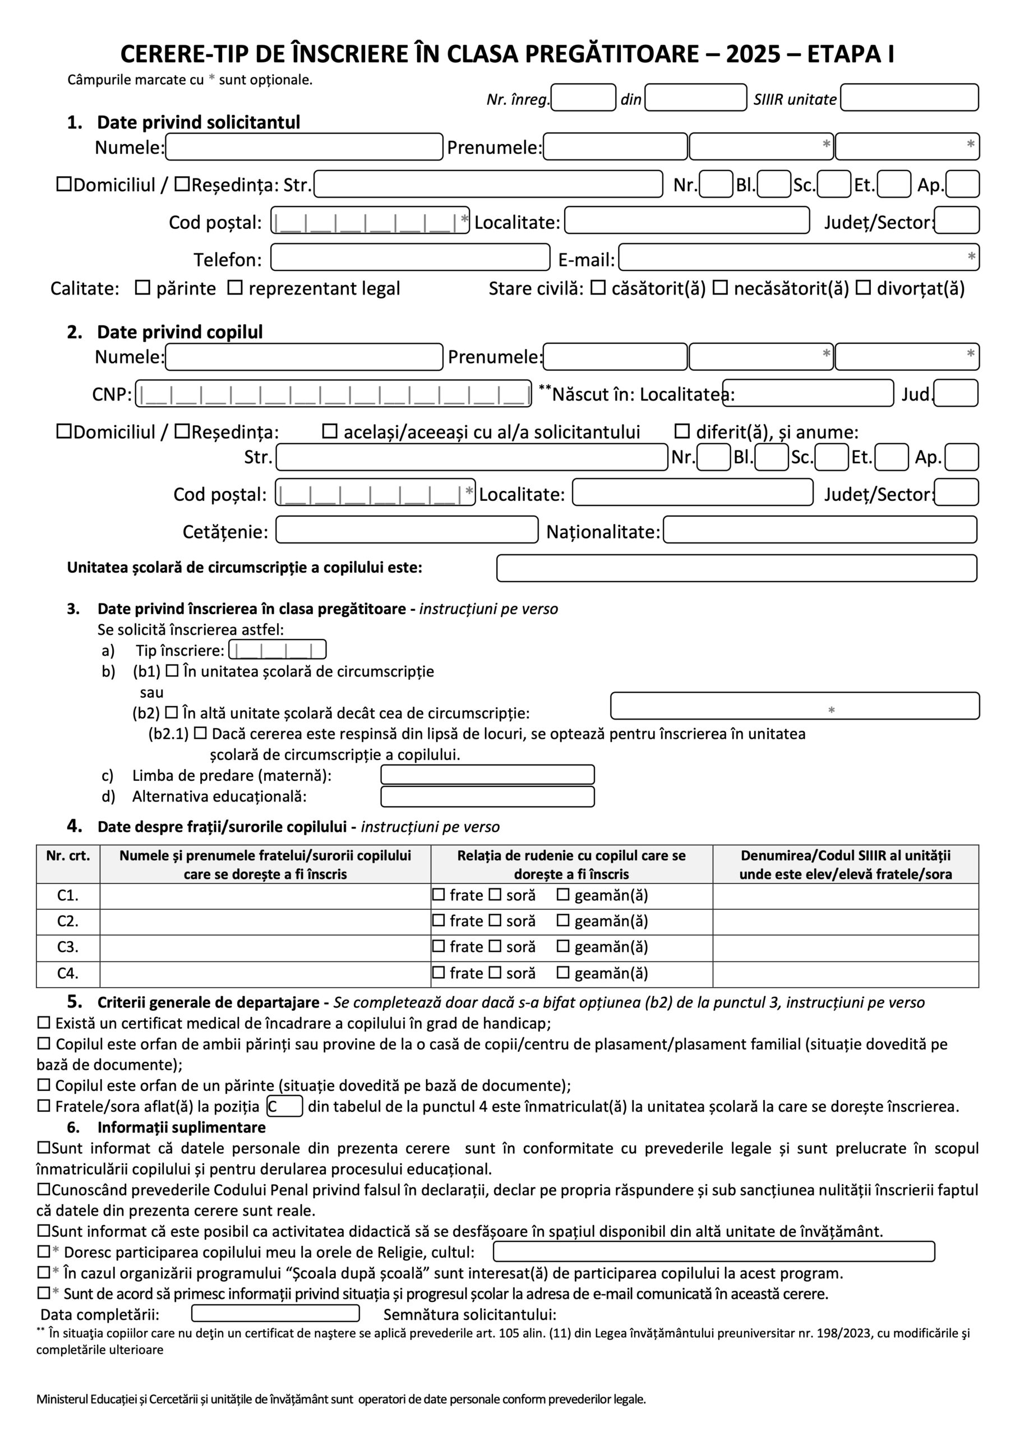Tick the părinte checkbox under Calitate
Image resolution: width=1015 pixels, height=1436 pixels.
(143, 288)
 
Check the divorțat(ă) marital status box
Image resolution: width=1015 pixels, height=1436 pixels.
(863, 288)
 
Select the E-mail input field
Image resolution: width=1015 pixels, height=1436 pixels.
(798, 257)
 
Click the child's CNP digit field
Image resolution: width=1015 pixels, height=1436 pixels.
(333, 394)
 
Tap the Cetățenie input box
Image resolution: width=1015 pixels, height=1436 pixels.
(407, 530)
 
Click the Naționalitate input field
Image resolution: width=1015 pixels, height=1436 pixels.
(819, 530)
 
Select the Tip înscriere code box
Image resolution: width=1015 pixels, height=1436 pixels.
(277, 650)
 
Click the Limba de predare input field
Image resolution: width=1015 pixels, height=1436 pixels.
(487, 775)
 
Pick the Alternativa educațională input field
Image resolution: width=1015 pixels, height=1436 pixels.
(487, 796)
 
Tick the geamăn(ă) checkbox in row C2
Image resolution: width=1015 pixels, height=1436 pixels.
(563, 920)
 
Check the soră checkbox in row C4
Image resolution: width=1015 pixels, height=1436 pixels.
(495, 973)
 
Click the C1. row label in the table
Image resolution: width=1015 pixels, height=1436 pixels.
(67, 896)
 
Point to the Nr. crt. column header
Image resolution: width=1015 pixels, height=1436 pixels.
(67, 855)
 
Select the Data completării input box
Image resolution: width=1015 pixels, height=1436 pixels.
(275, 1313)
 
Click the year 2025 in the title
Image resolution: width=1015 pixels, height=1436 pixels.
(753, 55)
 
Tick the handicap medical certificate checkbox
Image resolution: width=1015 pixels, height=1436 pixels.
(44, 1023)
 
